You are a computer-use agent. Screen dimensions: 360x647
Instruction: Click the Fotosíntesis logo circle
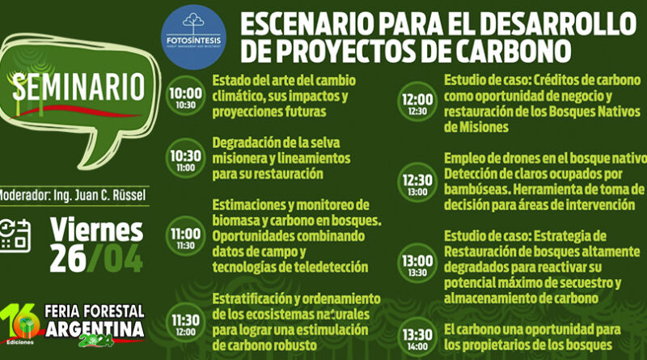click(x=192, y=33)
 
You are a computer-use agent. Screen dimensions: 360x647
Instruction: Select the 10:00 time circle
click(x=187, y=97)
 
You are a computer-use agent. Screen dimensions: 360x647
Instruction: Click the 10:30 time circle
click(x=187, y=159)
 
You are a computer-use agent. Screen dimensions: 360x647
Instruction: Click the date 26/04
click(x=97, y=259)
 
